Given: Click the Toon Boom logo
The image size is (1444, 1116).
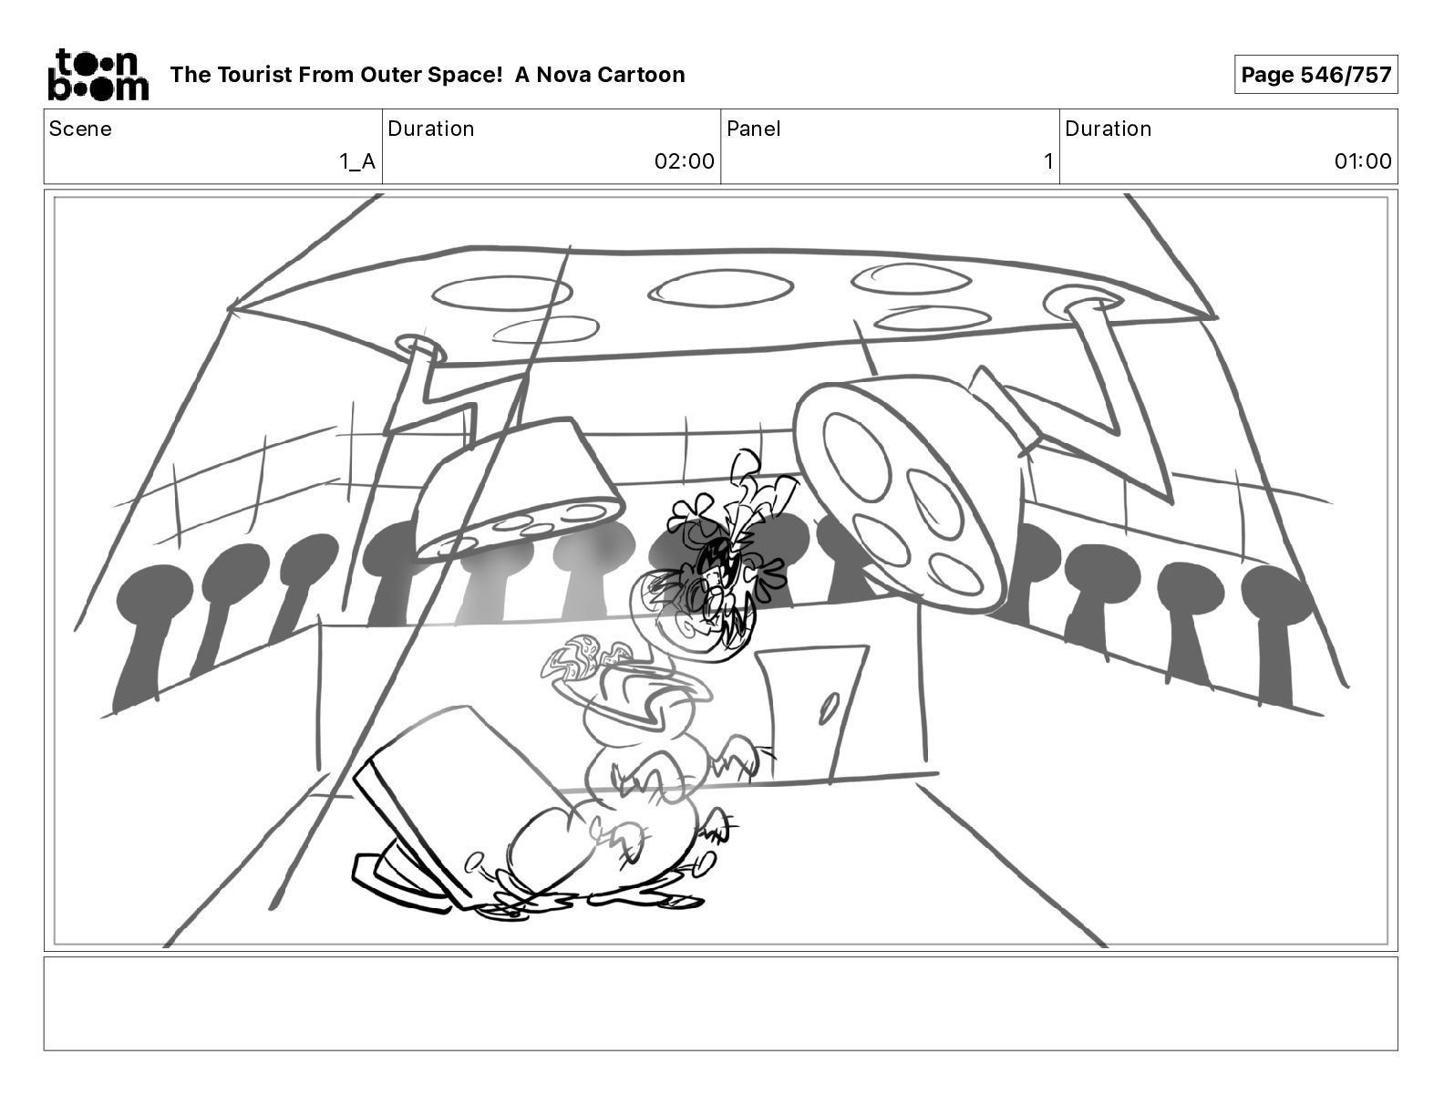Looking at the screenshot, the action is (98, 75).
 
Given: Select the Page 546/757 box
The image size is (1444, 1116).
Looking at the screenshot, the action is (1315, 75).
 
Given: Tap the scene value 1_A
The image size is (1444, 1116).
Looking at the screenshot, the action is (357, 160).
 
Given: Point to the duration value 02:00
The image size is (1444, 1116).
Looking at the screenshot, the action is (684, 160).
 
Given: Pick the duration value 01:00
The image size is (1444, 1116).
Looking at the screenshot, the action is (1362, 160).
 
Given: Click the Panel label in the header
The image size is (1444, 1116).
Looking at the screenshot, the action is (754, 129).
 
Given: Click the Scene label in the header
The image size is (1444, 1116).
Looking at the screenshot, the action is (80, 129).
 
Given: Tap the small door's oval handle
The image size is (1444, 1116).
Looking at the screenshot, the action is (829, 708).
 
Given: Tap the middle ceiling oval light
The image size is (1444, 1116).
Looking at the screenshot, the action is (721, 288).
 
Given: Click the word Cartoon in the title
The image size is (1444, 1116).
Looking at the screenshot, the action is (644, 75).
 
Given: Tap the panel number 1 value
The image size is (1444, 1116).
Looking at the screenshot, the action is (1048, 160).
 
